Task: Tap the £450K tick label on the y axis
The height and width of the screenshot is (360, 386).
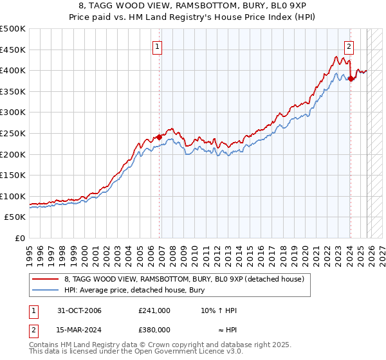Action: (13, 50)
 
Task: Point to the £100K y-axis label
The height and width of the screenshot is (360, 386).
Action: (13, 196)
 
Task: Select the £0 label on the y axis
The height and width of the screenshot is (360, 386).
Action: (21, 238)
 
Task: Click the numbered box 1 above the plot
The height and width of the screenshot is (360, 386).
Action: (158, 46)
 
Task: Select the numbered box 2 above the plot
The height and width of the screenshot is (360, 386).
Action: (349, 46)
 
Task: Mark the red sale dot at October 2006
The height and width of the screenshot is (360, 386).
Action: (160, 137)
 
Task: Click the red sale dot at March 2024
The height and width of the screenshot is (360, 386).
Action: (351, 79)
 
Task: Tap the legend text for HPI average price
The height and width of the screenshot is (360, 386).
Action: (134, 289)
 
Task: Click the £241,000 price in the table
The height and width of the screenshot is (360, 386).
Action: (154, 311)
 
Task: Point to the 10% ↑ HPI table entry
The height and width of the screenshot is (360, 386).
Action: (219, 311)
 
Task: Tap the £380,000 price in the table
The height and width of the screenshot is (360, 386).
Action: (154, 329)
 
